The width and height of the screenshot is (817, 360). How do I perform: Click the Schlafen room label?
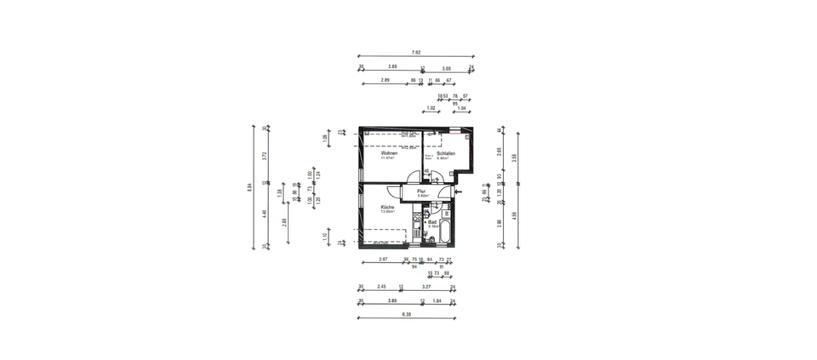pos(446,153)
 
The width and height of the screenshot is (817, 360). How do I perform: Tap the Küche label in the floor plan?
pos(387,208)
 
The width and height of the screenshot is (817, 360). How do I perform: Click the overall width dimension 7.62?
pos(417,51)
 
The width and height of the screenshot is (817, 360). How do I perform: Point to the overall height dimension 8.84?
pos(249,188)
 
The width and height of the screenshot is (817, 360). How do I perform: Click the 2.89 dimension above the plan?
pos(386,80)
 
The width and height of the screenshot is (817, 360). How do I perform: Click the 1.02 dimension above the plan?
pos(431,108)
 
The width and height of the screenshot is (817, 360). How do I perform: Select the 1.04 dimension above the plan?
pos(462,108)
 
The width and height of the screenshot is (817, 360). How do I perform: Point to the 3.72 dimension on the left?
pos(266,156)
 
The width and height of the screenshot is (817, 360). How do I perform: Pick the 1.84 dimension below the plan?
pos(437,300)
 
